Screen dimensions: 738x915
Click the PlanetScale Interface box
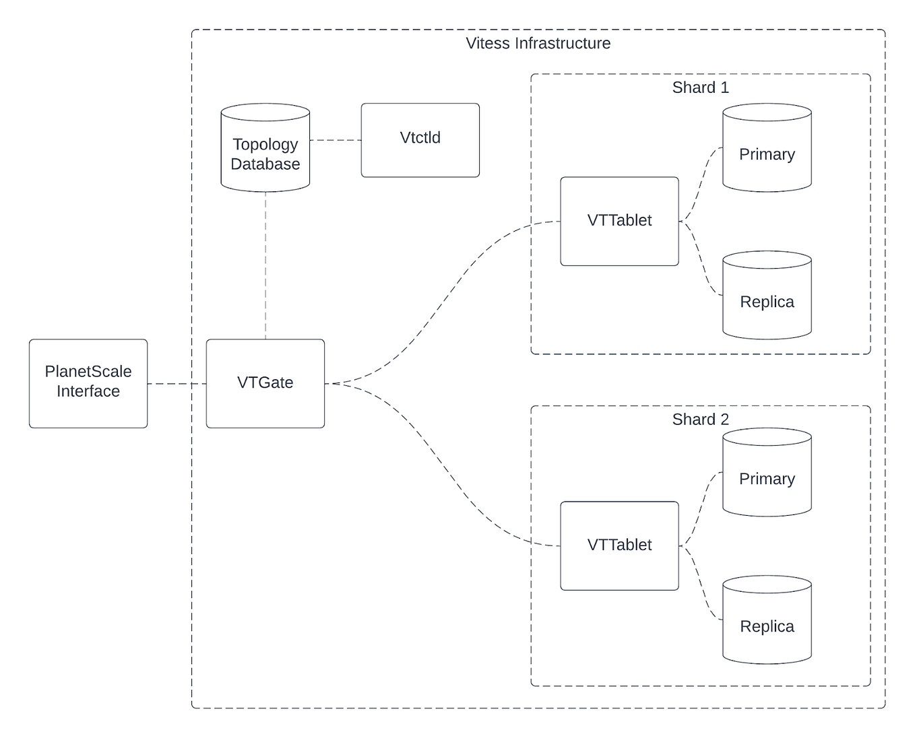(x=88, y=383)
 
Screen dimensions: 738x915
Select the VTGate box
(x=265, y=383)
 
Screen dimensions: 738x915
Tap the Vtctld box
(x=420, y=140)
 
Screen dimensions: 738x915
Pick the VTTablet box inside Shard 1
(x=619, y=221)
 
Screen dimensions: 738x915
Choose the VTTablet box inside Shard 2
(x=619, y=545)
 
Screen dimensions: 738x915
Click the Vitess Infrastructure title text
(x=538, y=44)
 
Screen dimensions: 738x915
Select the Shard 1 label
(x=700, y=88)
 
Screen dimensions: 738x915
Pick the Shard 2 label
(x=700, y=420)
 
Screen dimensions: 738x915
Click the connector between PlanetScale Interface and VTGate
(x=177, y=384)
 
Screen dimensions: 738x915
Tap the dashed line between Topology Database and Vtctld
(x=336, y=140)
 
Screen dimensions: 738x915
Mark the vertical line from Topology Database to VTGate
(x=265, y=266)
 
